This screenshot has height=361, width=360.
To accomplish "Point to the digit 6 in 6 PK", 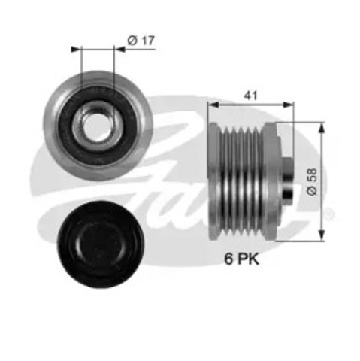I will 231,259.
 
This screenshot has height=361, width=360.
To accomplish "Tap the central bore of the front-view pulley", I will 98,121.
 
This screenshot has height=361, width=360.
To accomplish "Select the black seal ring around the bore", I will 84,113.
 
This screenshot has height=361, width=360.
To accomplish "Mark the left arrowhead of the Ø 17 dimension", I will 76,50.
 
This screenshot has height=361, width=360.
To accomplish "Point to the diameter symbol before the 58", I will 313,192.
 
